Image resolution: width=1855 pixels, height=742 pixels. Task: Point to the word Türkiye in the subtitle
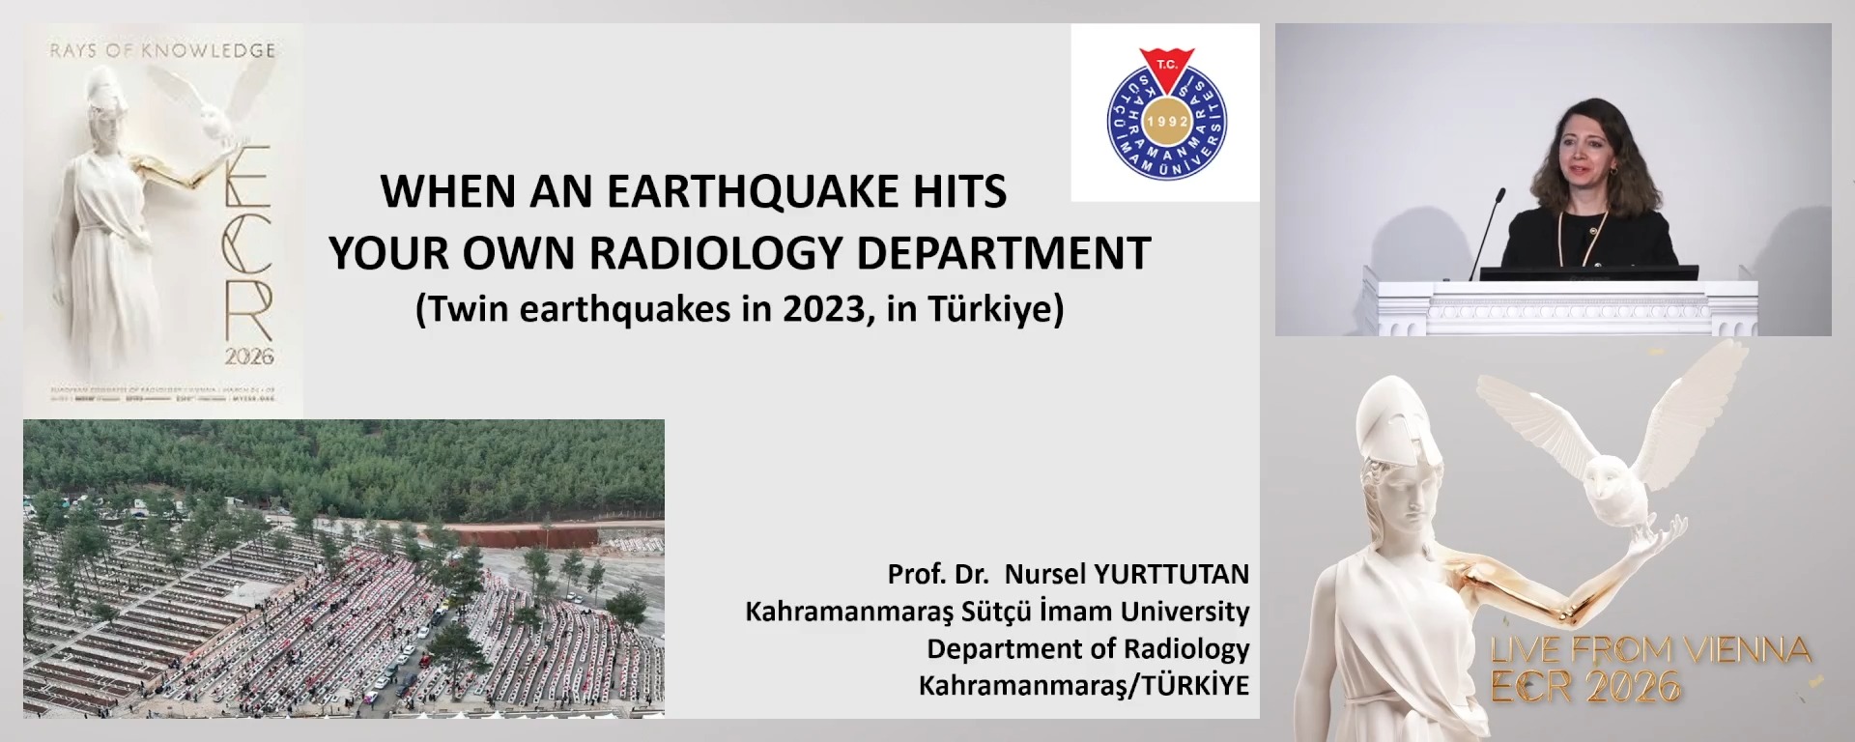(x=995, y=309)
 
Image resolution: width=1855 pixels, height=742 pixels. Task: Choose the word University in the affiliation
(x=1185, y=612)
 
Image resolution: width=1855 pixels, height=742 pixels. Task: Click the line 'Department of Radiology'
(x=1088, y=648)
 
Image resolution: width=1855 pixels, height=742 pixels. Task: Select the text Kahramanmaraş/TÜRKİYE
(x=1083, y=685)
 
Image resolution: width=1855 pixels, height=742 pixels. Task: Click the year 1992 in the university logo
(x=1166, y=122)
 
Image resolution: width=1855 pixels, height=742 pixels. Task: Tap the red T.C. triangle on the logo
(x=1166, y=68)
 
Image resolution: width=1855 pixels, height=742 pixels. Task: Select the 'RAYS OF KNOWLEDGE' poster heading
(x=162, y=50)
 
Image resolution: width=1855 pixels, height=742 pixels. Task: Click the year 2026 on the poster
(x=249, y=357)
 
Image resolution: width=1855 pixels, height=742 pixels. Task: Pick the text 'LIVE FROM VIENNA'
(x=1650, y=650)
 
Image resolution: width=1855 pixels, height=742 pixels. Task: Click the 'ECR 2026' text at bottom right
(x=1585, y=687)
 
